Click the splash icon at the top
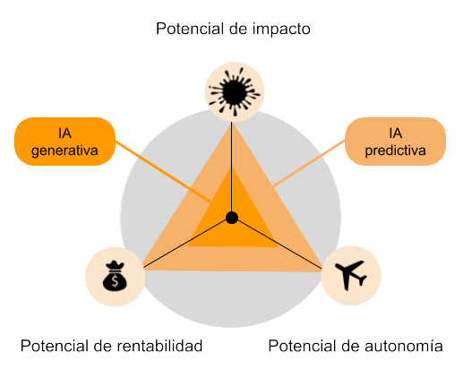235,91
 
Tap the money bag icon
115,276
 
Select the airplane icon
351,275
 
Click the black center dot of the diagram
232,218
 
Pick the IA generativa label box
64,142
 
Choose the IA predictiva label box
395,142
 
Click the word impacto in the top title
281,30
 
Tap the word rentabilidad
159,346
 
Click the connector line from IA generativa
164,172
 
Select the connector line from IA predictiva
309,164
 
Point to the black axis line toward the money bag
185,244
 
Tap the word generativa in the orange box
64,150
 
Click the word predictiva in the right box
395,150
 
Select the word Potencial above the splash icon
190,29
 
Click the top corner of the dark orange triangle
231,167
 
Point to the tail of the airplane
362,280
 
